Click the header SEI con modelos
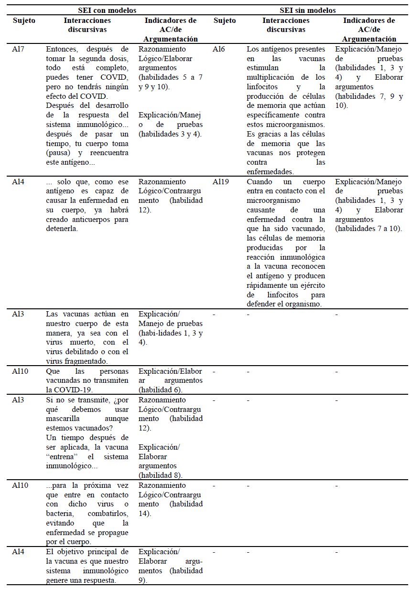[107, 10]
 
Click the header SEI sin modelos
[308, 10]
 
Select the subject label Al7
[18, 49]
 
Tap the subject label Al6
[219, 49]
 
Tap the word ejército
[312, 285]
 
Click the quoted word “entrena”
[60, 457]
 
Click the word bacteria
[60, 514]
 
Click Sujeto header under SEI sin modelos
[225, 21]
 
